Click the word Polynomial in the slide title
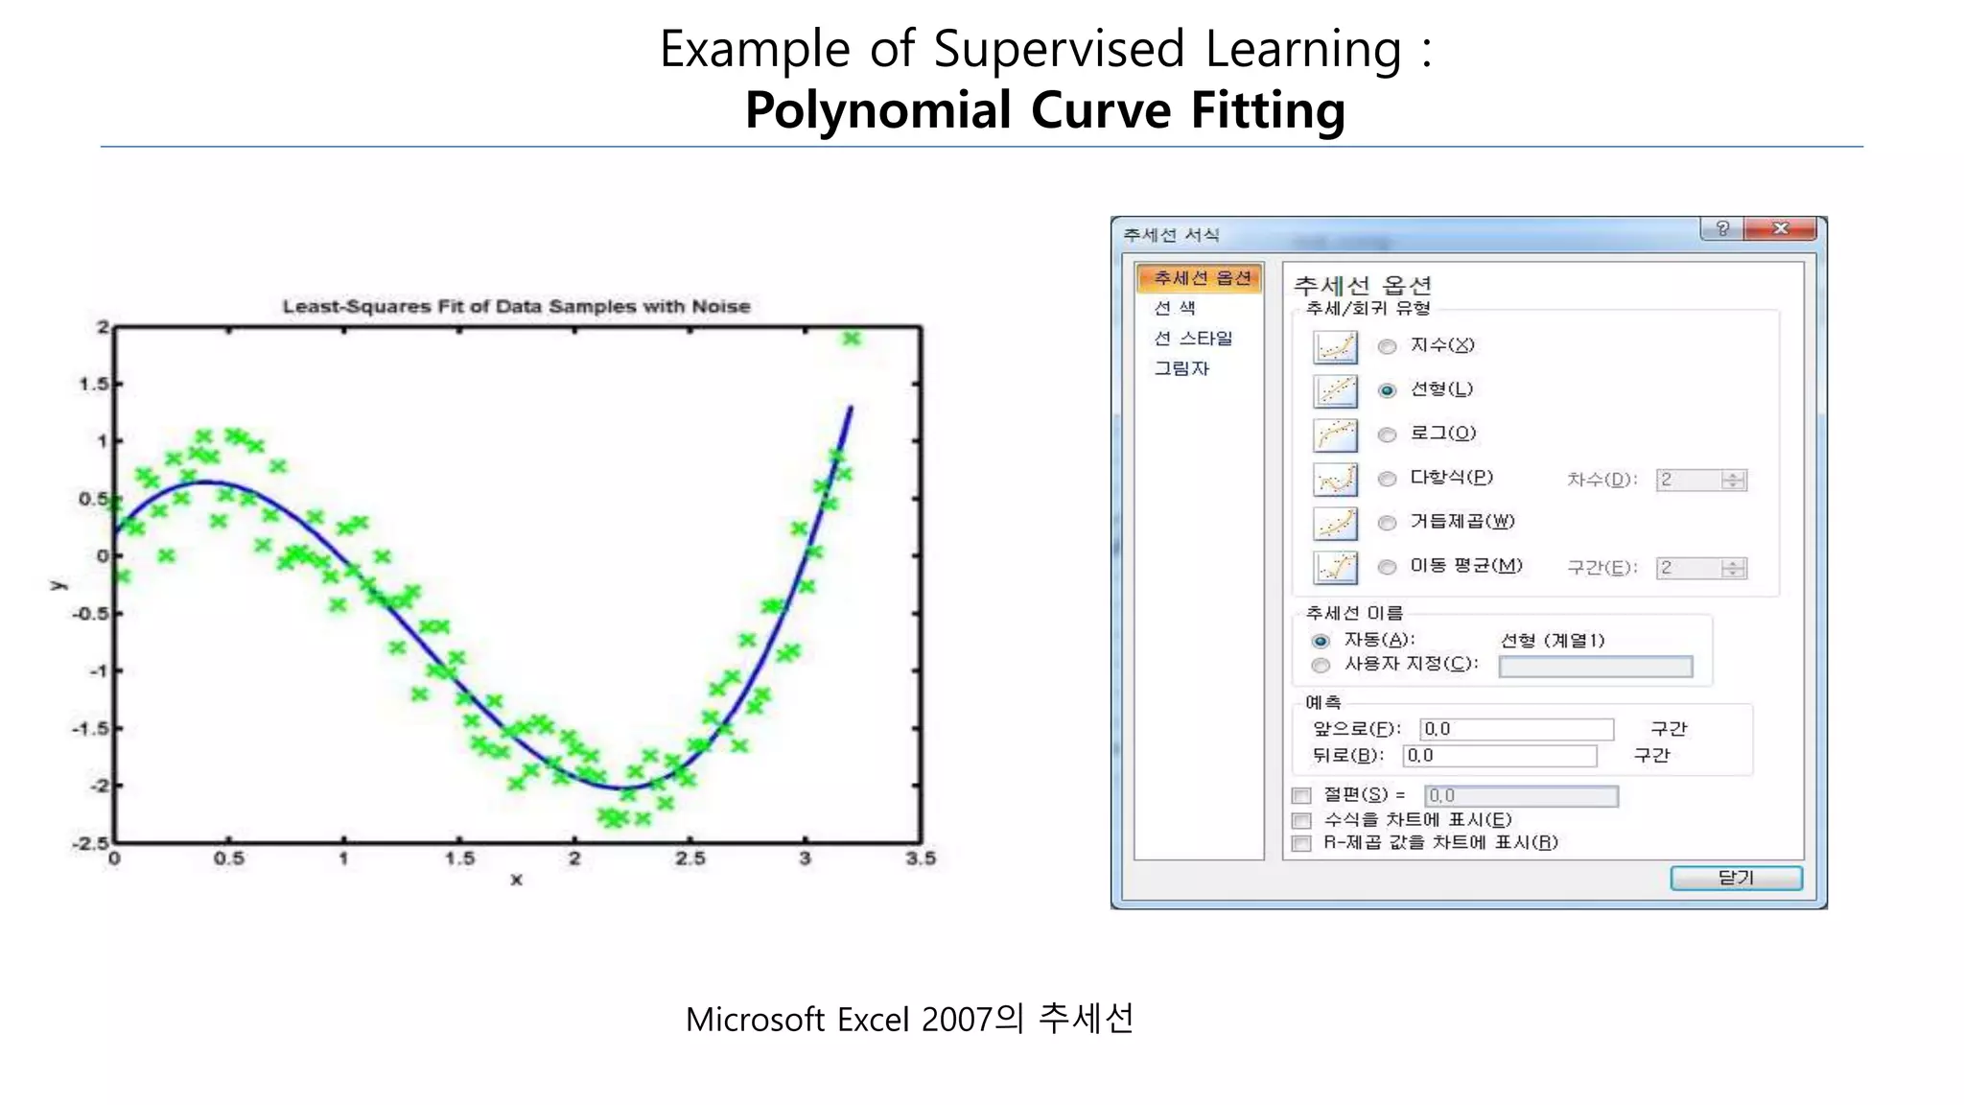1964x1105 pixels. [x=877, y=110]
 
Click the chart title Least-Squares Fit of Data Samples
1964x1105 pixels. [x=516, y=306]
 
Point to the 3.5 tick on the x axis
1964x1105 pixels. [x=921, y=858]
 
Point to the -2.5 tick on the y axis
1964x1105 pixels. [x=91, y=843]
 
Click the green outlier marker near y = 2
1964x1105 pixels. [x=852, y=338]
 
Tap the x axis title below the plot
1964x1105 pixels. [x=516, y=880]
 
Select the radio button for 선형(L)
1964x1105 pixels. [x=1387, y=390]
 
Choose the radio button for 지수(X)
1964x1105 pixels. [x=1387, y=346]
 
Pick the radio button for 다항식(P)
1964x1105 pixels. [x=1387, y=479]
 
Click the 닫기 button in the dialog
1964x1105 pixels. [x=1736, y=878]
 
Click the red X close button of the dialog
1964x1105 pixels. [x=1781, y=228]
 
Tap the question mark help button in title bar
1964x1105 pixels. [x=1722, y=228]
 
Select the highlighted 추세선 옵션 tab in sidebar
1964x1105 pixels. [x=1200, y=278]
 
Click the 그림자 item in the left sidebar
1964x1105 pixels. [x=1181, y=368]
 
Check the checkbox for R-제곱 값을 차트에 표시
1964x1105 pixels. [x=1301, y=844]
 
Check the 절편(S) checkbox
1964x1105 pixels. [x=1301, y=795]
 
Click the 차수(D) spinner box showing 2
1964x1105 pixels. [x=1690, y=480]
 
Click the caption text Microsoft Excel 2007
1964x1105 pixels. [x=837, y=1020]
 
